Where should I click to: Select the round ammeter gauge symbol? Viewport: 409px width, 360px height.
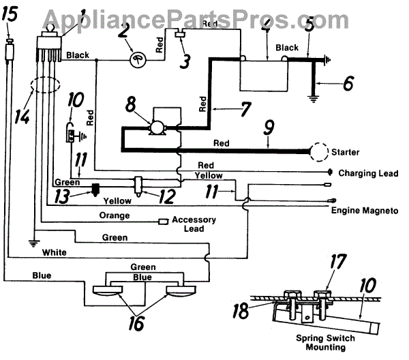[140, 59]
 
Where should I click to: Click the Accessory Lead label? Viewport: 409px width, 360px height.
[194, 224]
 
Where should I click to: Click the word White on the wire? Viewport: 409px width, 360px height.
[54, 252]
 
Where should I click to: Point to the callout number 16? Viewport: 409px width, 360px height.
[137, 322]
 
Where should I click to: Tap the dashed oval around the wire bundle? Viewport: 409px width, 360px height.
[43, 89]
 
